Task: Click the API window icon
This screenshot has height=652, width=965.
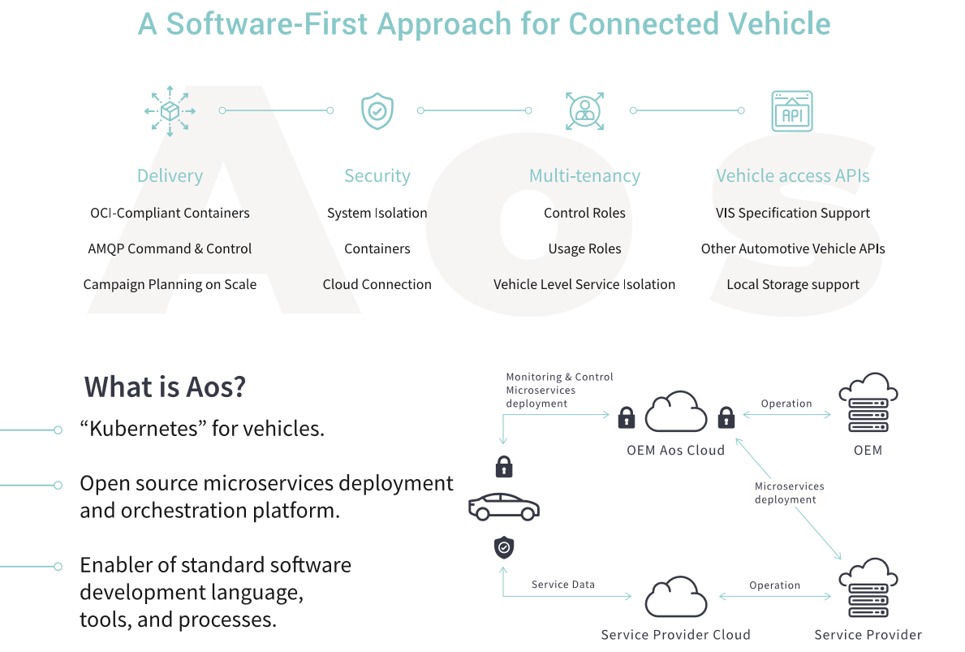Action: pyautogui.click(x=792, y=111)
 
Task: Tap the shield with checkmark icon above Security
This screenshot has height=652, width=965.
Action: pyautogui.click(x=377, y=111)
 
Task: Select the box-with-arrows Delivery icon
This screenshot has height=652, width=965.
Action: pyautogui.click(x=170, y=110)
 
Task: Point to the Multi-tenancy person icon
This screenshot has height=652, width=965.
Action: pyautogui.click(x=584, y=110)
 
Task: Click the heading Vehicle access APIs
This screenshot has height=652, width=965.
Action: pyautogui.click(x=793, y=175)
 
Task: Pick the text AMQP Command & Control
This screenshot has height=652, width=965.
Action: pyautogui.click(x=170, y=248)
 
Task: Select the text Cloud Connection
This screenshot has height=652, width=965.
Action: pyautogui.click(x=377, y=284)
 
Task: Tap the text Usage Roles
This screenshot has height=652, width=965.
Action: pyautogui.click(x=584, y=248)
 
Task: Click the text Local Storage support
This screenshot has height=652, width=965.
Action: pyautogui.click(x=793, y=284)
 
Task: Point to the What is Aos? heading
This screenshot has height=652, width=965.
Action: pyautogui.click(x=165, y=386)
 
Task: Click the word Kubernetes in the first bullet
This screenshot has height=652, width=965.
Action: pyautogui.click(x=152, y=428)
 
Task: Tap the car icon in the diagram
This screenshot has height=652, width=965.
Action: pyautogui.click(x=504, y=507)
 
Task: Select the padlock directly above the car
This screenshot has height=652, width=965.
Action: pyautogui.click(x=504, y=467)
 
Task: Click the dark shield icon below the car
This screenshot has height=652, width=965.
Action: pyautogui.click(x=504, y=547)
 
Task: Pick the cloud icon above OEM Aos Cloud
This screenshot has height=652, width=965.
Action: pyautogui.click(x=676, y=412)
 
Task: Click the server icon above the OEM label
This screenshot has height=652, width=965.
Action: pyautogui.click(x=868, y=403)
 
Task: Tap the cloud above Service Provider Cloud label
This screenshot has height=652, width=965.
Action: pyautogui.click(x=676, y=597)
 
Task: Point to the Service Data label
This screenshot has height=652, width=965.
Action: pyautogui.click(x=563, y=585)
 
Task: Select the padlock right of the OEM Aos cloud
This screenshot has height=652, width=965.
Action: pyautogui.click(x=726, y=417)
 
